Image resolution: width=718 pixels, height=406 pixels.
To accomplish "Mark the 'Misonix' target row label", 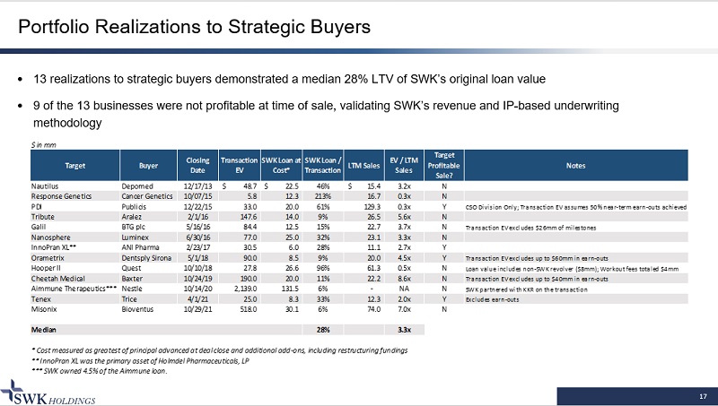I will click(43, 309).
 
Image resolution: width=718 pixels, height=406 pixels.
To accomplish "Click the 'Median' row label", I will click(43, 330).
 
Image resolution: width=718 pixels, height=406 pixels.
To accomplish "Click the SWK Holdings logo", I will click(49, 391).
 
